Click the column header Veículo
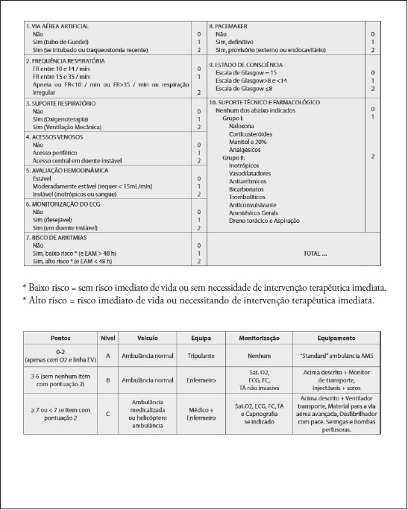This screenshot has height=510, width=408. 136,338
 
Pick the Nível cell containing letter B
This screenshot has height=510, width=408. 107,380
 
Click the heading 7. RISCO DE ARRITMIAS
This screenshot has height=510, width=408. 54,237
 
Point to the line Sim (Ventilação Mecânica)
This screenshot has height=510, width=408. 66,127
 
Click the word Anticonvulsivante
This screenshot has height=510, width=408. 254,204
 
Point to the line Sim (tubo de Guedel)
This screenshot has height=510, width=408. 59,42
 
